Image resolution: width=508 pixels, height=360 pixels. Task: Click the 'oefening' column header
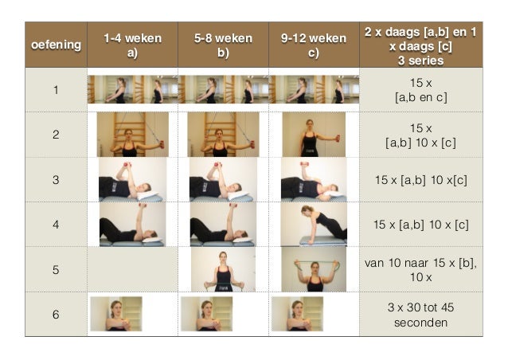coord(56,45)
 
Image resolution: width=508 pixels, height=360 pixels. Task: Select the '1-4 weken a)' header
coord(132,45)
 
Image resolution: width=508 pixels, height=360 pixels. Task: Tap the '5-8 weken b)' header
coord(223,45)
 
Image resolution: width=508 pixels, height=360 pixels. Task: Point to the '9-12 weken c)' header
coord(314,45)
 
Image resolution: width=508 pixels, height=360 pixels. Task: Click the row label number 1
coord(56,90)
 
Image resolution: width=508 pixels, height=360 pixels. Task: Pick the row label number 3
coord(56,180)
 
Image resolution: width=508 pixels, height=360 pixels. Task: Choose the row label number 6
coord(56,315)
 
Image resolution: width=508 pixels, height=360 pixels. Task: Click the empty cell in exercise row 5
coord(132,269)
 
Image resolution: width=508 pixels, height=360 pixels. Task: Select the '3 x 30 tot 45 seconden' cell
coord(421,315)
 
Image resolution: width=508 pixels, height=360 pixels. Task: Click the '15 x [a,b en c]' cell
coord(421,90)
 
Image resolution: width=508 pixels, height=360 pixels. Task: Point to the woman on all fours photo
coord(314,225)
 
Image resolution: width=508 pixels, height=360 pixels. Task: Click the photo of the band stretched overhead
coord(314,269)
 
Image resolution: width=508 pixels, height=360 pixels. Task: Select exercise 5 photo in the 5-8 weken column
coord(223,269)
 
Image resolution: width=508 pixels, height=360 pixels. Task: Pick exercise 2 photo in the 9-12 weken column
coord(314,135)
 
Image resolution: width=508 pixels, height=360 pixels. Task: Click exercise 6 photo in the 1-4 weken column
coord(116,314)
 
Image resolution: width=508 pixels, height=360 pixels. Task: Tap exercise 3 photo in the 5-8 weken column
coord(223,180)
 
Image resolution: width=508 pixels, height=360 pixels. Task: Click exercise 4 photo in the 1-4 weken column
coord(132,225)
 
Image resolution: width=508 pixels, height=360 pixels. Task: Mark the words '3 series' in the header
coord(421,61)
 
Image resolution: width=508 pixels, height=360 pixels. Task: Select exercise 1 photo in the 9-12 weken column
coord(314,89)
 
